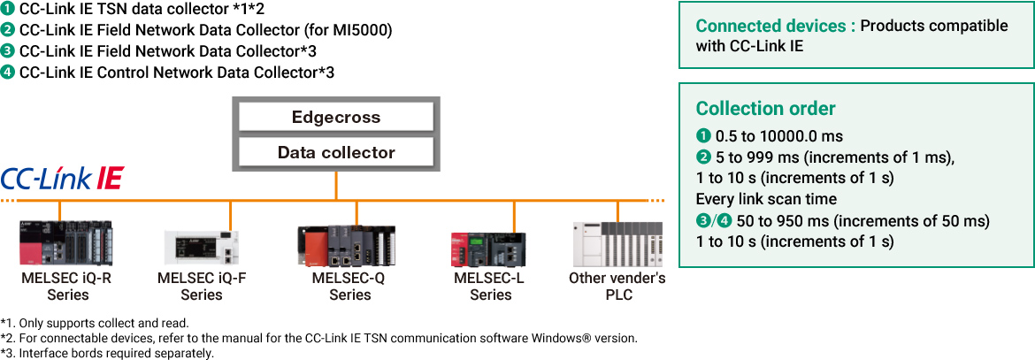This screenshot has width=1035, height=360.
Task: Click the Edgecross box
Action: point(335,117)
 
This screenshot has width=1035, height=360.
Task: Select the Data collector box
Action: point(335,152)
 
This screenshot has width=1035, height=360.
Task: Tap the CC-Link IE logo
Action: point(61,178)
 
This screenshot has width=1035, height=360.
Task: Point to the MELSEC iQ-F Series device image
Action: point(202,248)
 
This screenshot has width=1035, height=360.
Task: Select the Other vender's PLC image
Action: point(618,245)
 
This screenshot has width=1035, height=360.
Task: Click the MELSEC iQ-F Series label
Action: point(202,286)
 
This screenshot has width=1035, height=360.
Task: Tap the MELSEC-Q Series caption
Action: point(349,286)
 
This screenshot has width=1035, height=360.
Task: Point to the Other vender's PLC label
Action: point(618,286)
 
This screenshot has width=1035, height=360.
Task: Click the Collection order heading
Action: point(765,109)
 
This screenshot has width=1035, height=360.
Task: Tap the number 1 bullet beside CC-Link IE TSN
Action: point(8,10)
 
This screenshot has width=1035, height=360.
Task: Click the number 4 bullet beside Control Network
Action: point(8,72)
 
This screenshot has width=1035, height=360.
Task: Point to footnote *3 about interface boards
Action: point(107,353)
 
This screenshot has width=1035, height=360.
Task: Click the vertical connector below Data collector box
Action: point(336,185)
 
